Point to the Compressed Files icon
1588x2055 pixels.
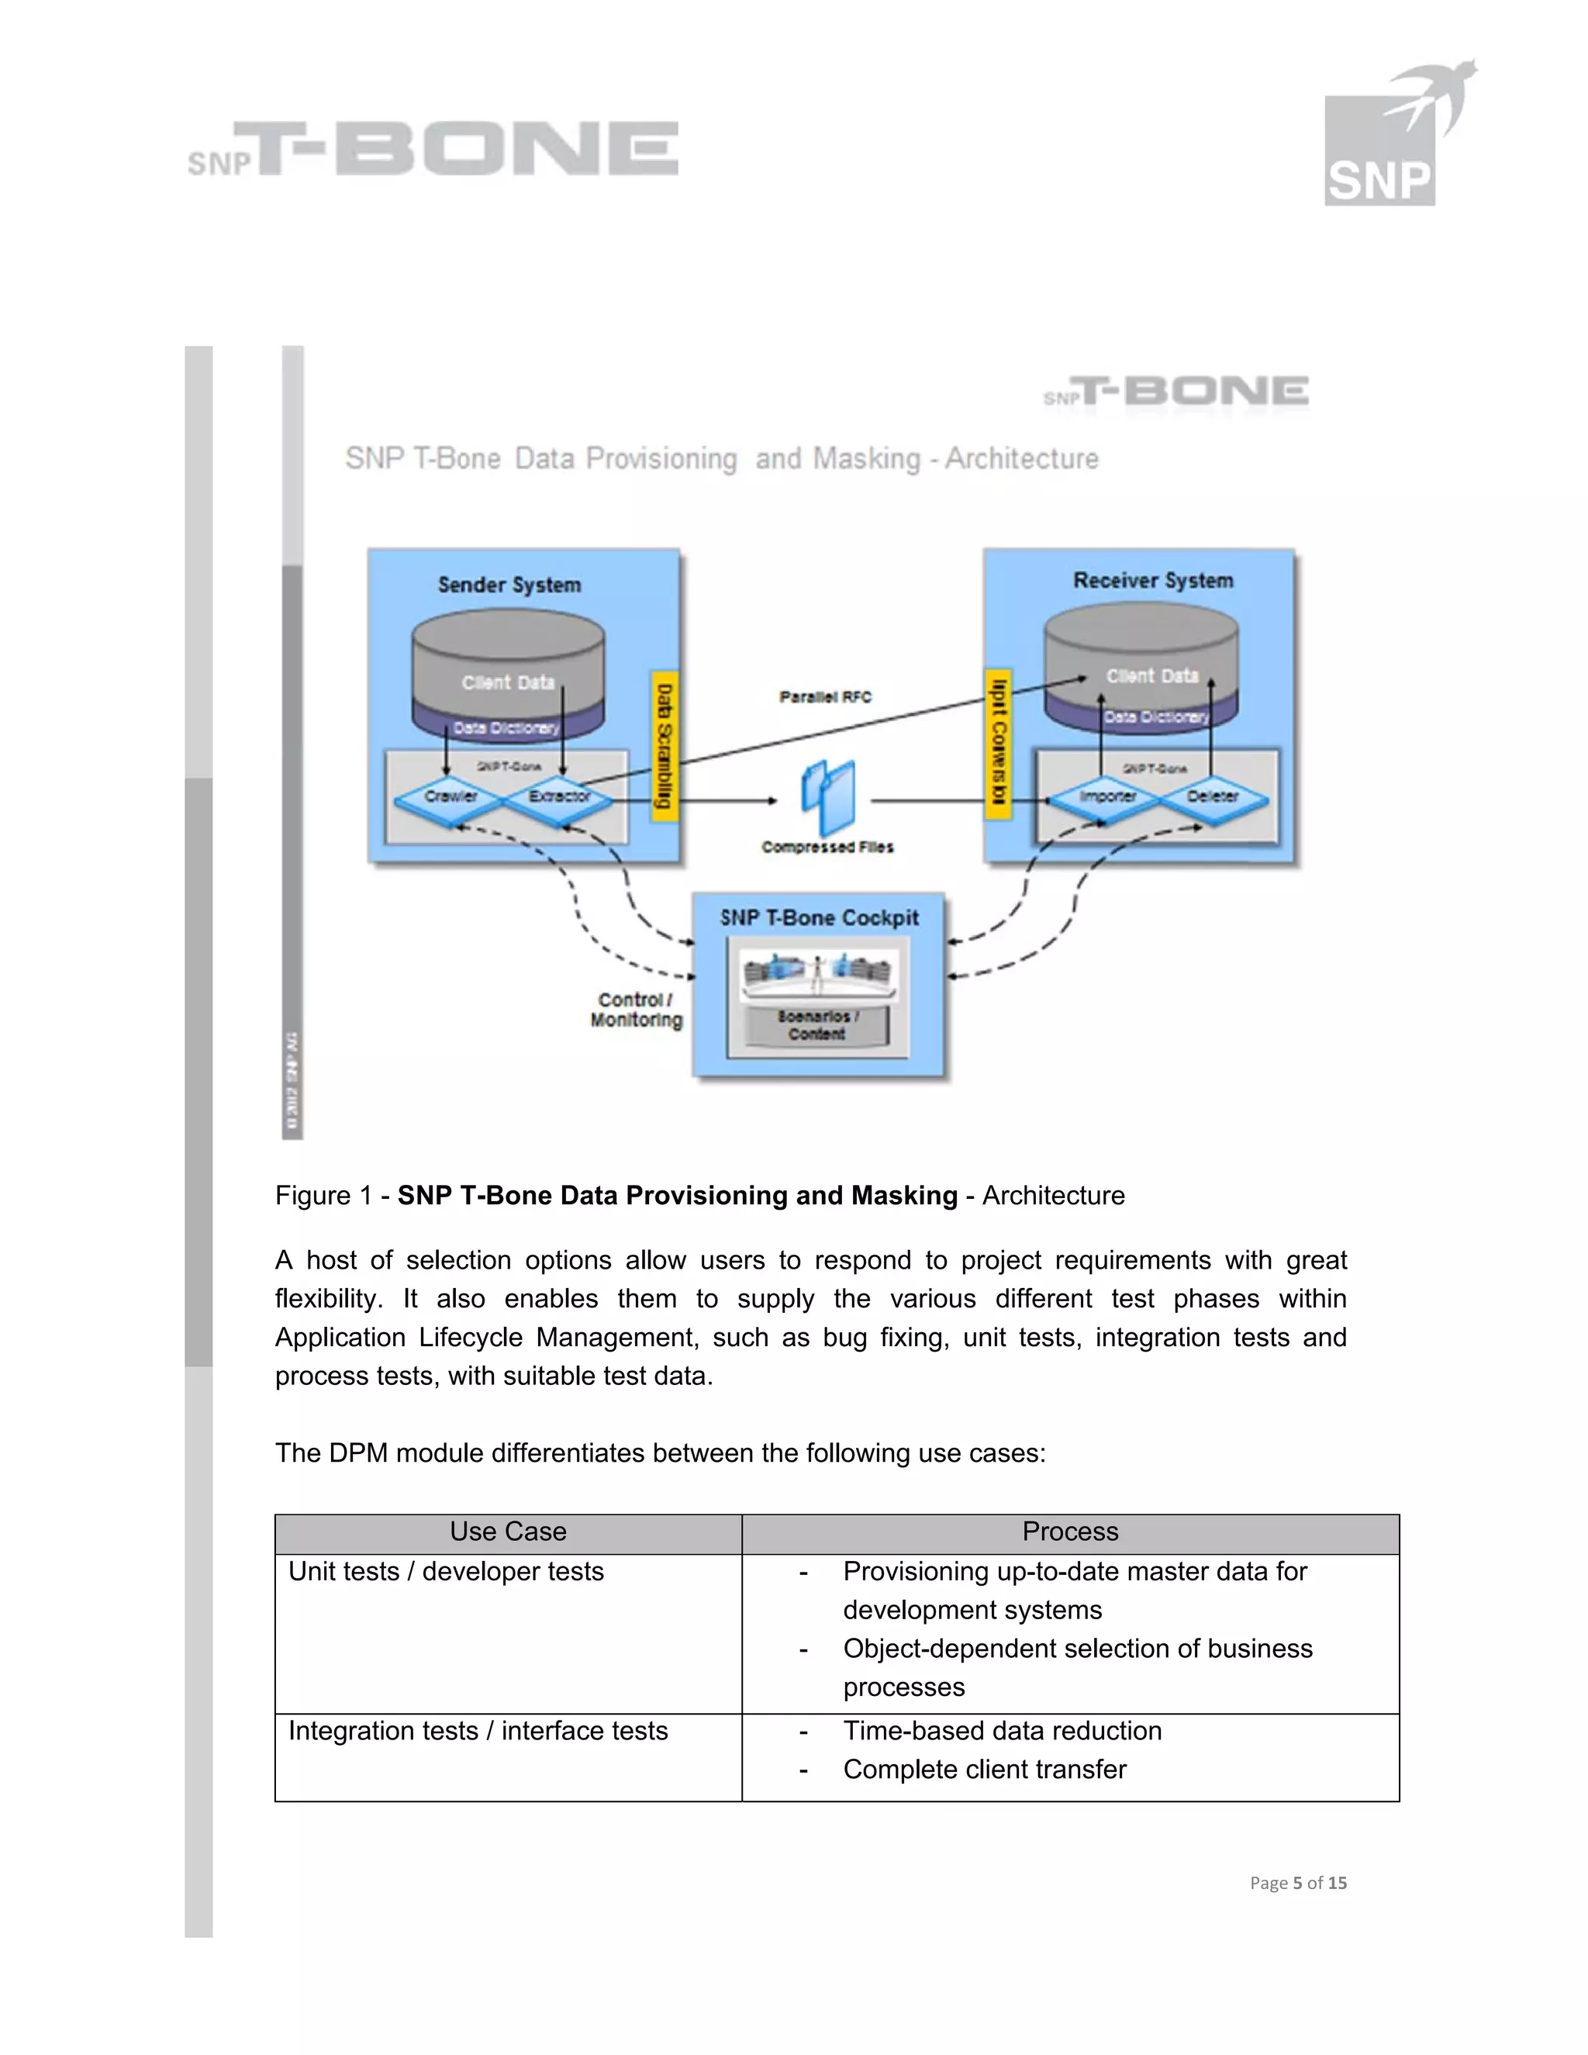coord(829,798)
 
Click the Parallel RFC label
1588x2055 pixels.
coord(825,697)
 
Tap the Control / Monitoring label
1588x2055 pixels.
coord(636,1010)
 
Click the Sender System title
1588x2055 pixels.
coord(509,585)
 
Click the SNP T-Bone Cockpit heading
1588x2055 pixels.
coord(820,918)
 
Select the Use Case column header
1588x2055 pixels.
coord(508,1532)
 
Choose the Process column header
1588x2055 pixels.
coord(1069,1532)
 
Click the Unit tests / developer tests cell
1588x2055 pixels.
coord(446,1571)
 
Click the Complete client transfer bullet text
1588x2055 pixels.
coord(984,1769)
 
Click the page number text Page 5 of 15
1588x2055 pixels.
coord(1297,1883)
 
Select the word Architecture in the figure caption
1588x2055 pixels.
coord(1053,1195)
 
